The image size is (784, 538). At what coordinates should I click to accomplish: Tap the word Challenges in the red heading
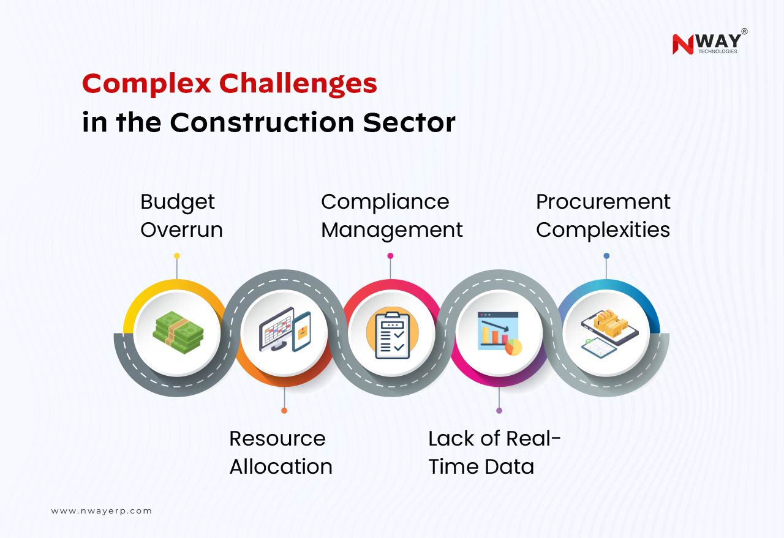click(x=298, y=84)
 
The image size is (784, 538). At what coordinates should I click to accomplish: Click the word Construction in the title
click(x=262, y=122)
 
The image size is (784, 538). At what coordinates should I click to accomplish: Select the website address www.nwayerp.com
click(x=101, y=511)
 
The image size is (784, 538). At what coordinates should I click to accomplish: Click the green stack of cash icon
click(x=178, y=332)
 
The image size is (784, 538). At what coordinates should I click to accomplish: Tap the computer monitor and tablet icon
click(x=285, y=329)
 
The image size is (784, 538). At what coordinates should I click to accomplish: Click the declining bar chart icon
click(x=499, y=333)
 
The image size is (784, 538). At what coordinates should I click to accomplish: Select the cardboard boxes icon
click(x=609, y=334)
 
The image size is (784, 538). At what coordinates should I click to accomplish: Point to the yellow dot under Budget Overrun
click(x=177, y=256)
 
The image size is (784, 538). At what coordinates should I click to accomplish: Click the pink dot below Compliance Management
click(x=390, y=256)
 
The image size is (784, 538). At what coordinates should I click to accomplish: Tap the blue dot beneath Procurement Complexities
click(x=606, y=256)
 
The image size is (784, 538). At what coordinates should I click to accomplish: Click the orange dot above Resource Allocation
click(x=284, y=410)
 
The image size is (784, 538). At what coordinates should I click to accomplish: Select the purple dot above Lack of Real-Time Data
click(x=499, y=410)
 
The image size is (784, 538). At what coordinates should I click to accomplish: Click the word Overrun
click(x=182, y=230)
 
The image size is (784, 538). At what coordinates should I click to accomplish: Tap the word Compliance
click(x=385, y=202)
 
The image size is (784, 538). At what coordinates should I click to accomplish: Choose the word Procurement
click(x=603, y=202)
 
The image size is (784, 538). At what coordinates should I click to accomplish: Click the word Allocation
click(x=281, y=466)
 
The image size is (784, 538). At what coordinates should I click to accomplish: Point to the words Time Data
click(x=481, y=466)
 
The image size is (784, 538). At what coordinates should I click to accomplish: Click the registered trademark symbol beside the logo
click(x=744, y=31)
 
